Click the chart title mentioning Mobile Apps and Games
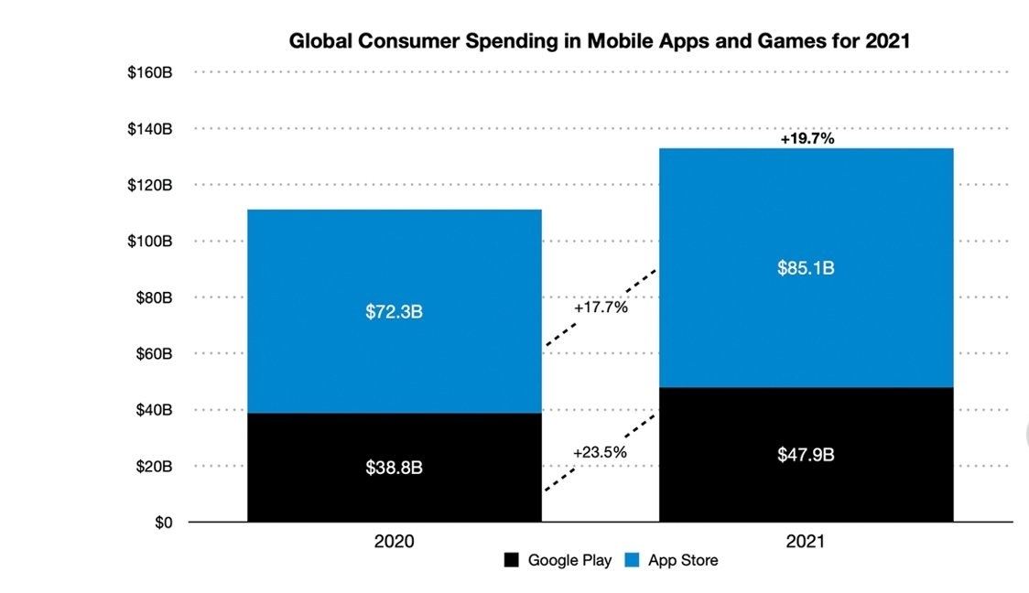point(599,41)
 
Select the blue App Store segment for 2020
point(394,265)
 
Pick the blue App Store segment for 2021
point(806,210)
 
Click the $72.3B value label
point(394,311)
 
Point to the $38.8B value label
point(394,468)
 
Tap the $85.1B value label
point(806,268)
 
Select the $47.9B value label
point(806,455)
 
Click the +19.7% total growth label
point(807,139)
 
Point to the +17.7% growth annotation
point(601,307)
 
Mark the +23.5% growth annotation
point(601,452)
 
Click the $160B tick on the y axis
point(150,72)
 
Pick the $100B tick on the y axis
point(150,242)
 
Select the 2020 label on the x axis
point(394,542)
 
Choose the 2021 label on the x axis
point(806,542)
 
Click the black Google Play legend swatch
point(512,560)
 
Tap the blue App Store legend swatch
point(632,560)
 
